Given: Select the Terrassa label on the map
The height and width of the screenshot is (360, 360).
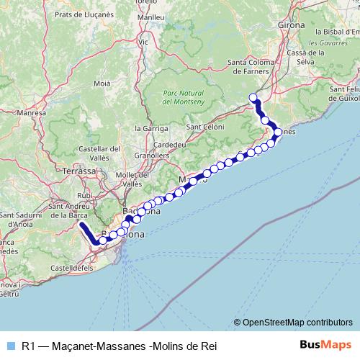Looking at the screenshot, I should click(x=79, y=171).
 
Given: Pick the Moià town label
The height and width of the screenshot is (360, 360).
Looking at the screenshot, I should click(x=102, y=84).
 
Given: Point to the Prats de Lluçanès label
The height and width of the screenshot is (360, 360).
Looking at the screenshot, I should click(x=81, y=14).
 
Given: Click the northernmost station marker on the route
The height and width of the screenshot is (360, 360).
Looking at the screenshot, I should click(x=253, y=97).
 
